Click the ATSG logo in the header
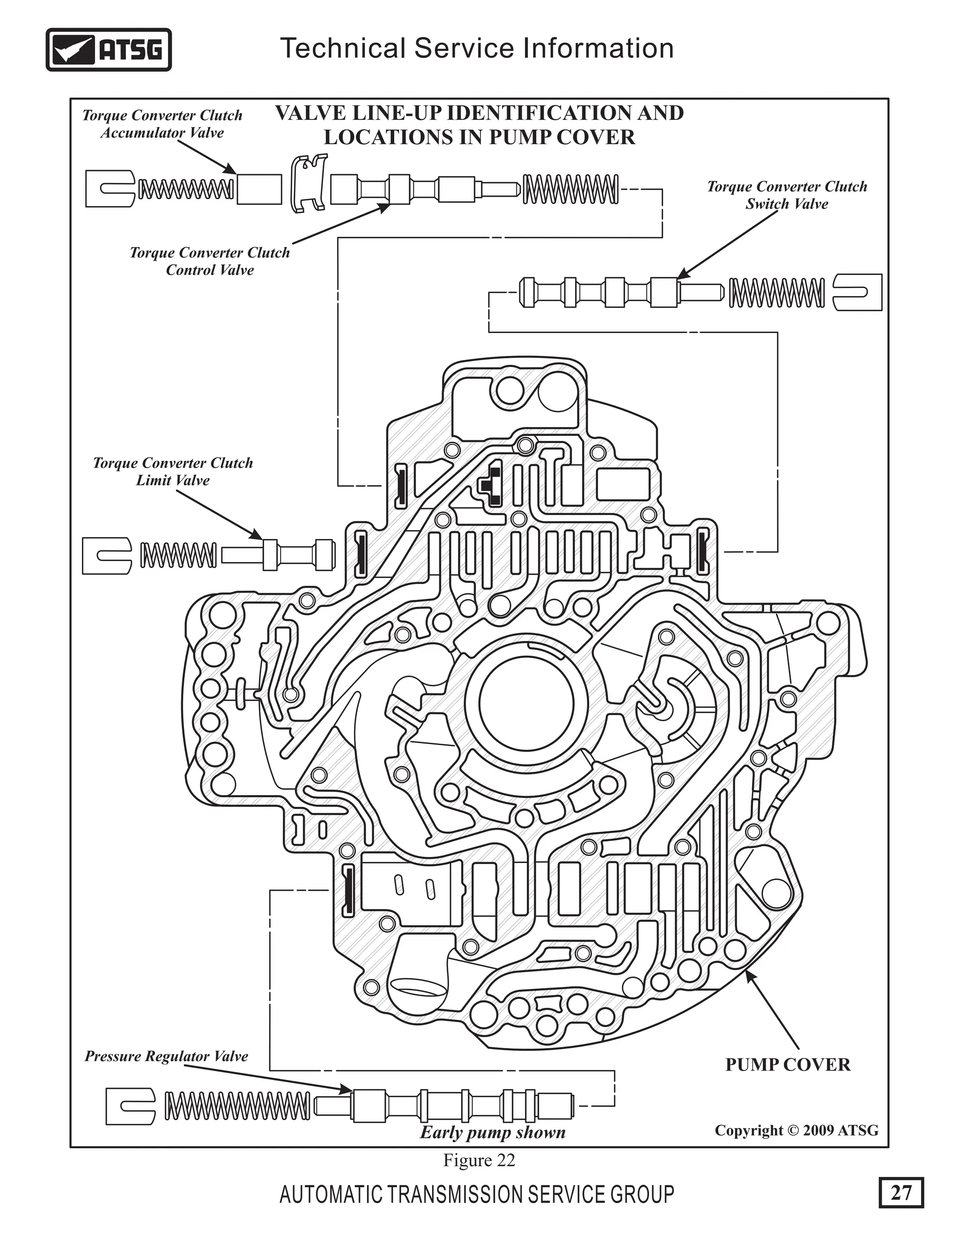[108, 50]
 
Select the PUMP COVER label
[788, 1065]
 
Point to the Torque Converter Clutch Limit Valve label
[173, 471]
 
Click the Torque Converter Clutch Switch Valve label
[787, 195]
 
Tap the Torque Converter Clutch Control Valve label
[210, 261]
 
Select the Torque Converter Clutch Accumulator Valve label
[162, 124]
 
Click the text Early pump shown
[493, 1132]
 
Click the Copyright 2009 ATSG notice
[797, 1130]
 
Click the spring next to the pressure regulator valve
[237, 1105]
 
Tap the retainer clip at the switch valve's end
[857, 292]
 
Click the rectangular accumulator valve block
[259, 189]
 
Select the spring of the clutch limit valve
[178, 555]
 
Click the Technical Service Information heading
[477, 48]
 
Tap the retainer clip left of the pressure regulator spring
[130, 1106]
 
